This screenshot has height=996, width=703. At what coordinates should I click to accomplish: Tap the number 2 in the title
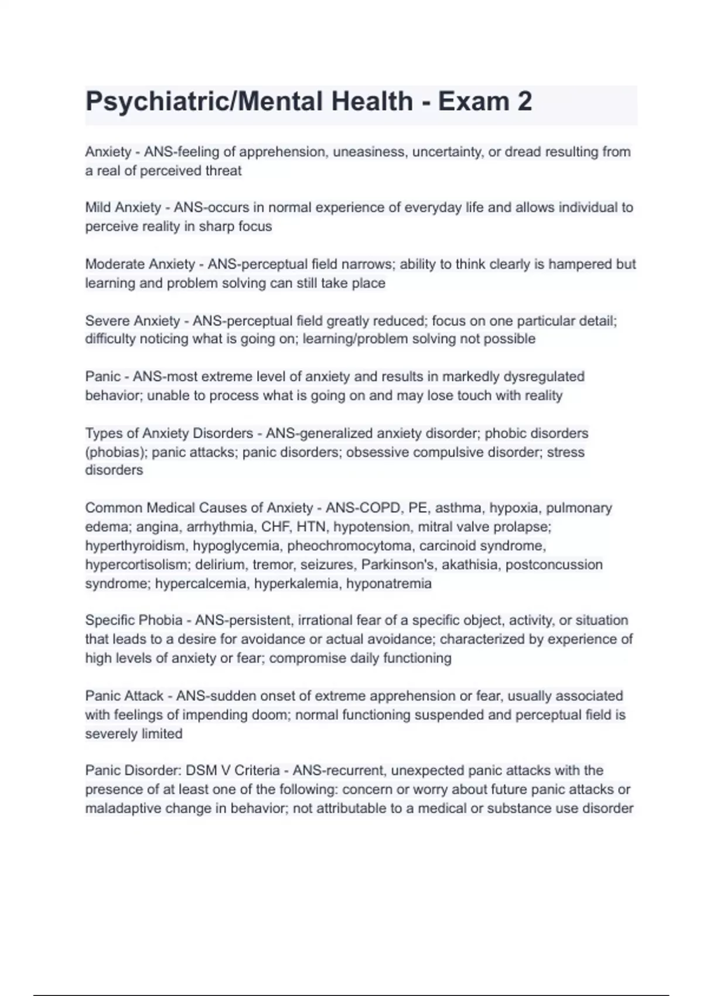point(524,102)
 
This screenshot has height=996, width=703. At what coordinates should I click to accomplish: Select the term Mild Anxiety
point(123,207)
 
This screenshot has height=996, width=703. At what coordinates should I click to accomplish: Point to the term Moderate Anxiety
point(139,264)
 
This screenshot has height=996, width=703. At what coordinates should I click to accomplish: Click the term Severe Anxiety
point(132,321)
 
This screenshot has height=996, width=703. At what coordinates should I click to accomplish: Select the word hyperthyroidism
point(134,546)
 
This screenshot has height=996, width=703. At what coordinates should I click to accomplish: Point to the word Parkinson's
point(397,565)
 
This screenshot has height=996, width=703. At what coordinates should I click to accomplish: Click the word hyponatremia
point(388,584)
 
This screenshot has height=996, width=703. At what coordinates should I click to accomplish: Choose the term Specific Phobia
point(134,620)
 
